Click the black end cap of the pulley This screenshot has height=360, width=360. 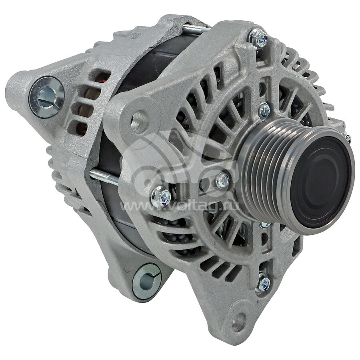point(321,182)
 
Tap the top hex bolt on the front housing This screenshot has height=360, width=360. point(258,38)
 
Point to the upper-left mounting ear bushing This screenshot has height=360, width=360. point(47,97)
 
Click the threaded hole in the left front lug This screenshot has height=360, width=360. point(139,122)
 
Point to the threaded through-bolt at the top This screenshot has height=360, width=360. point(197,29)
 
